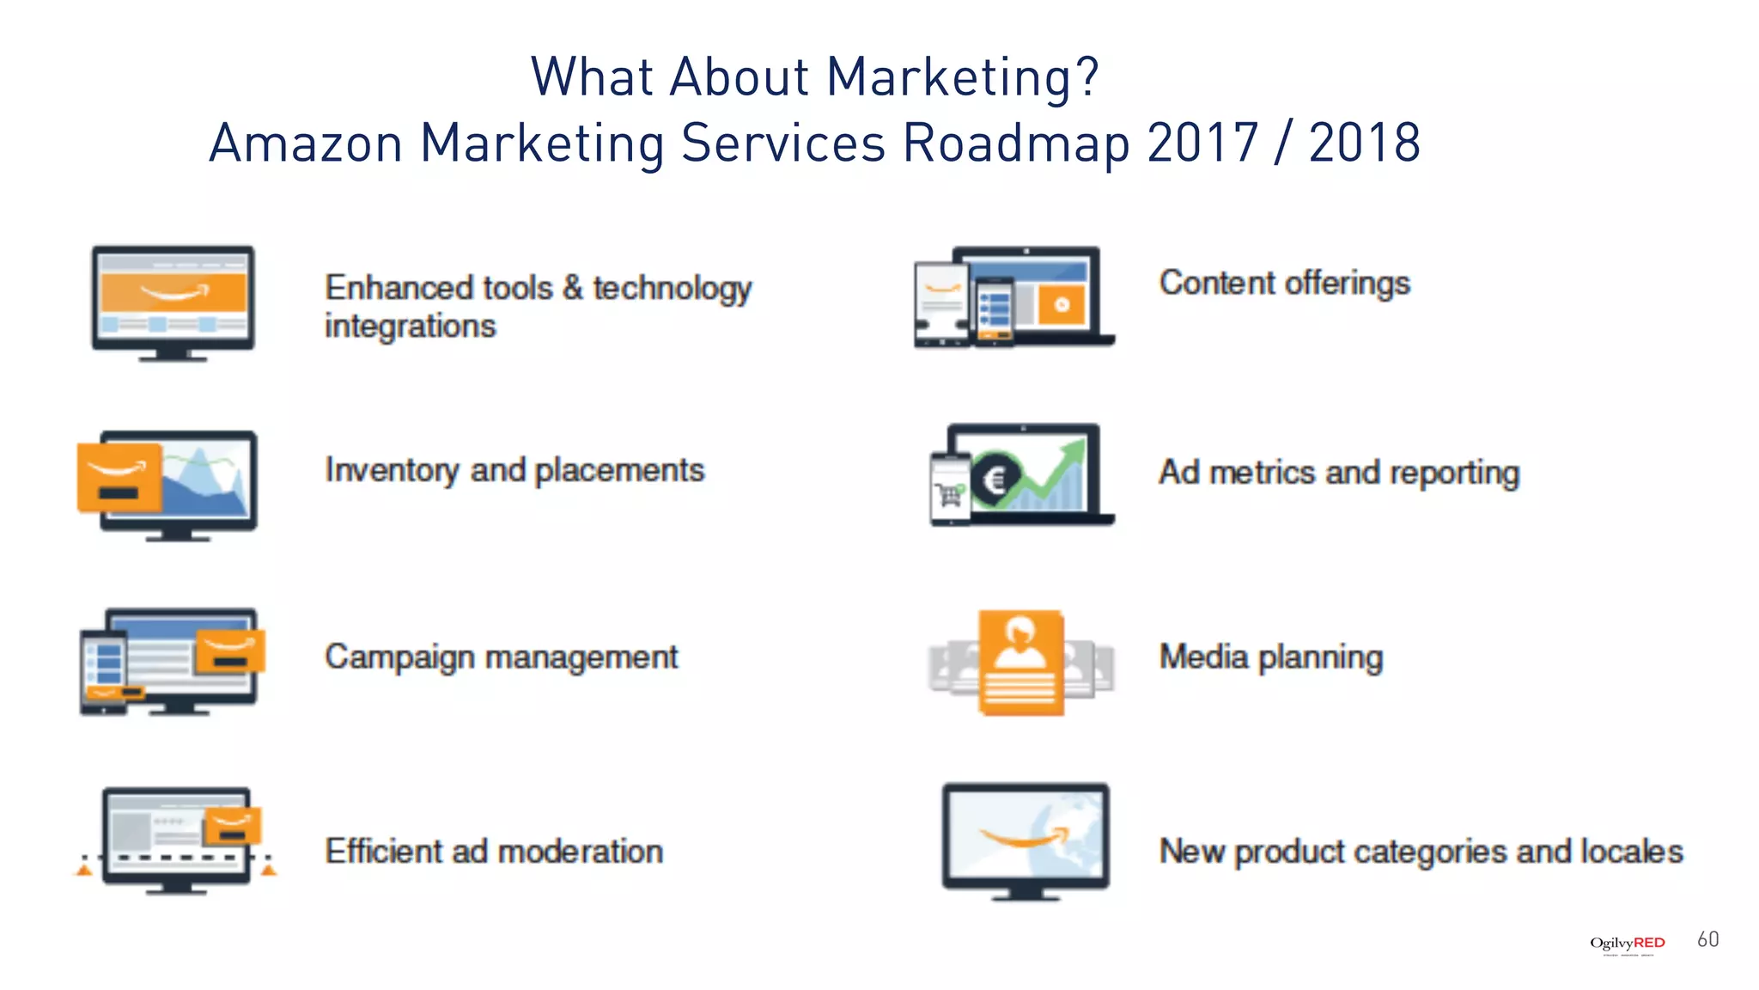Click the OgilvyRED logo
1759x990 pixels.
pos(1627,944)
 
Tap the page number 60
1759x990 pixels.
pos(1707,939)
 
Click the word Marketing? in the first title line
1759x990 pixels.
pos(962,77)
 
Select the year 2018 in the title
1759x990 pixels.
pos(1364,143)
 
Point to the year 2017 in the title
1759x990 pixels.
pos(1202,143)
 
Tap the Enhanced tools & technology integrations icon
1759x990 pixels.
pos(173,302)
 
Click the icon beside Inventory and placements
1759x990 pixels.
pos(168,485)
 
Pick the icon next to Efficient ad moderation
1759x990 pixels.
pos(175,840)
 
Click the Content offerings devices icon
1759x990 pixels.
pos(1013,297)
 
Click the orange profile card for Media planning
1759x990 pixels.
pos(1020,663)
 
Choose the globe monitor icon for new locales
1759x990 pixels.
pos(1026,840)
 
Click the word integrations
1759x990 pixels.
pos(410,327)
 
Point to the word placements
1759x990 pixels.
pos(619,471)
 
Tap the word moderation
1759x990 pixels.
pos(580,852)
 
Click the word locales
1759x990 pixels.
pos(1632,852)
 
